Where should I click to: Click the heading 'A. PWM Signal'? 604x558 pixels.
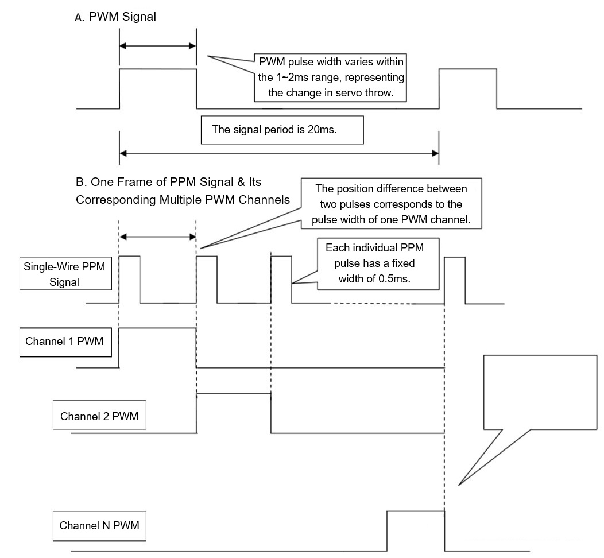(x=115, y=17)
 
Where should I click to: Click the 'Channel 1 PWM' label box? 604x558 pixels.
(x=65, y=342)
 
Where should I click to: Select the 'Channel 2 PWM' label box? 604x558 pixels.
(x=99, y=416)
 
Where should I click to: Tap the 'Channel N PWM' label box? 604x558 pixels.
(x=99, y=525)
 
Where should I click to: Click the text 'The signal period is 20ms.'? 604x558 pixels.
(x=274, y=129)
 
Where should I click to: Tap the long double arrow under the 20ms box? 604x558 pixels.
(x=279, y=153)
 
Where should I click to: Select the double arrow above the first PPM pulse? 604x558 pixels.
(x=158, y=236)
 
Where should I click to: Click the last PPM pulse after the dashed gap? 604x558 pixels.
(x=455, y=279)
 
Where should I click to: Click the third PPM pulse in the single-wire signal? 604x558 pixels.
(x=281, y=279)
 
